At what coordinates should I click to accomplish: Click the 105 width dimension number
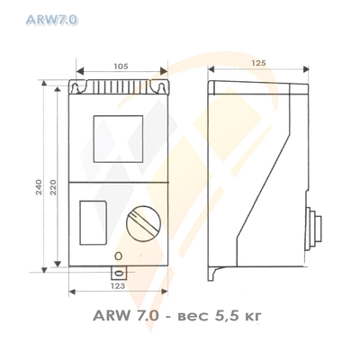(x=120, y=66)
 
